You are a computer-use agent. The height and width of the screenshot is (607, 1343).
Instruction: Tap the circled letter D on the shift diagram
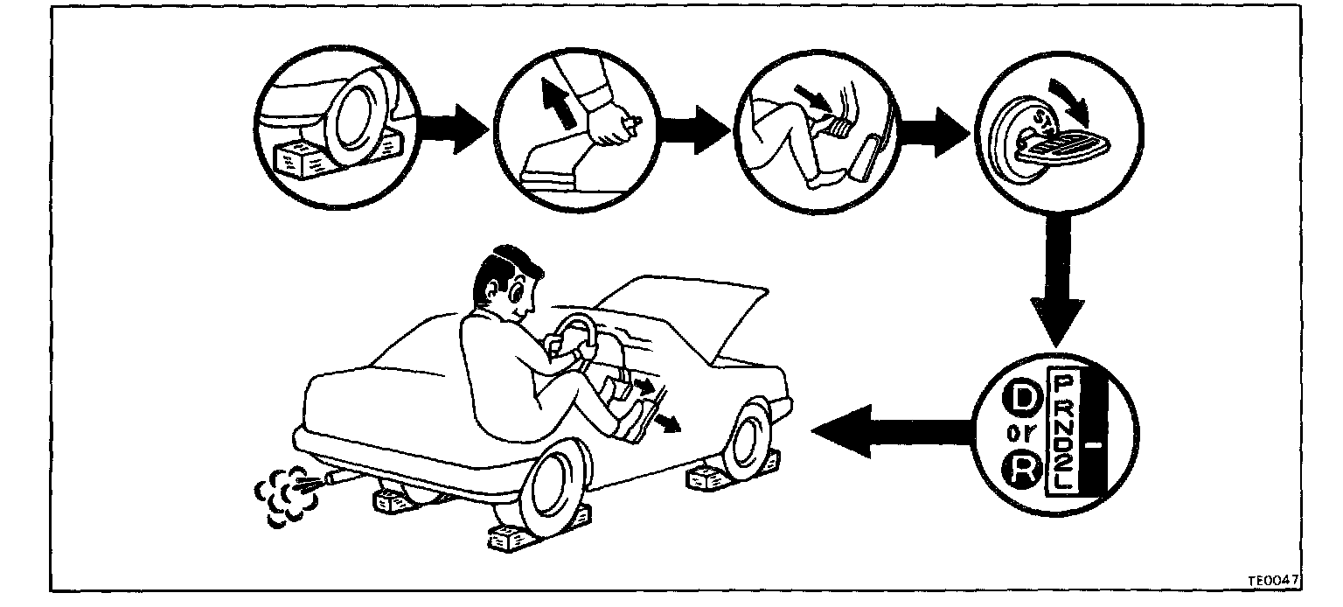click(1020, 401)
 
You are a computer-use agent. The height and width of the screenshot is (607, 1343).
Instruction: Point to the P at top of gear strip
click(1064, 384)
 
